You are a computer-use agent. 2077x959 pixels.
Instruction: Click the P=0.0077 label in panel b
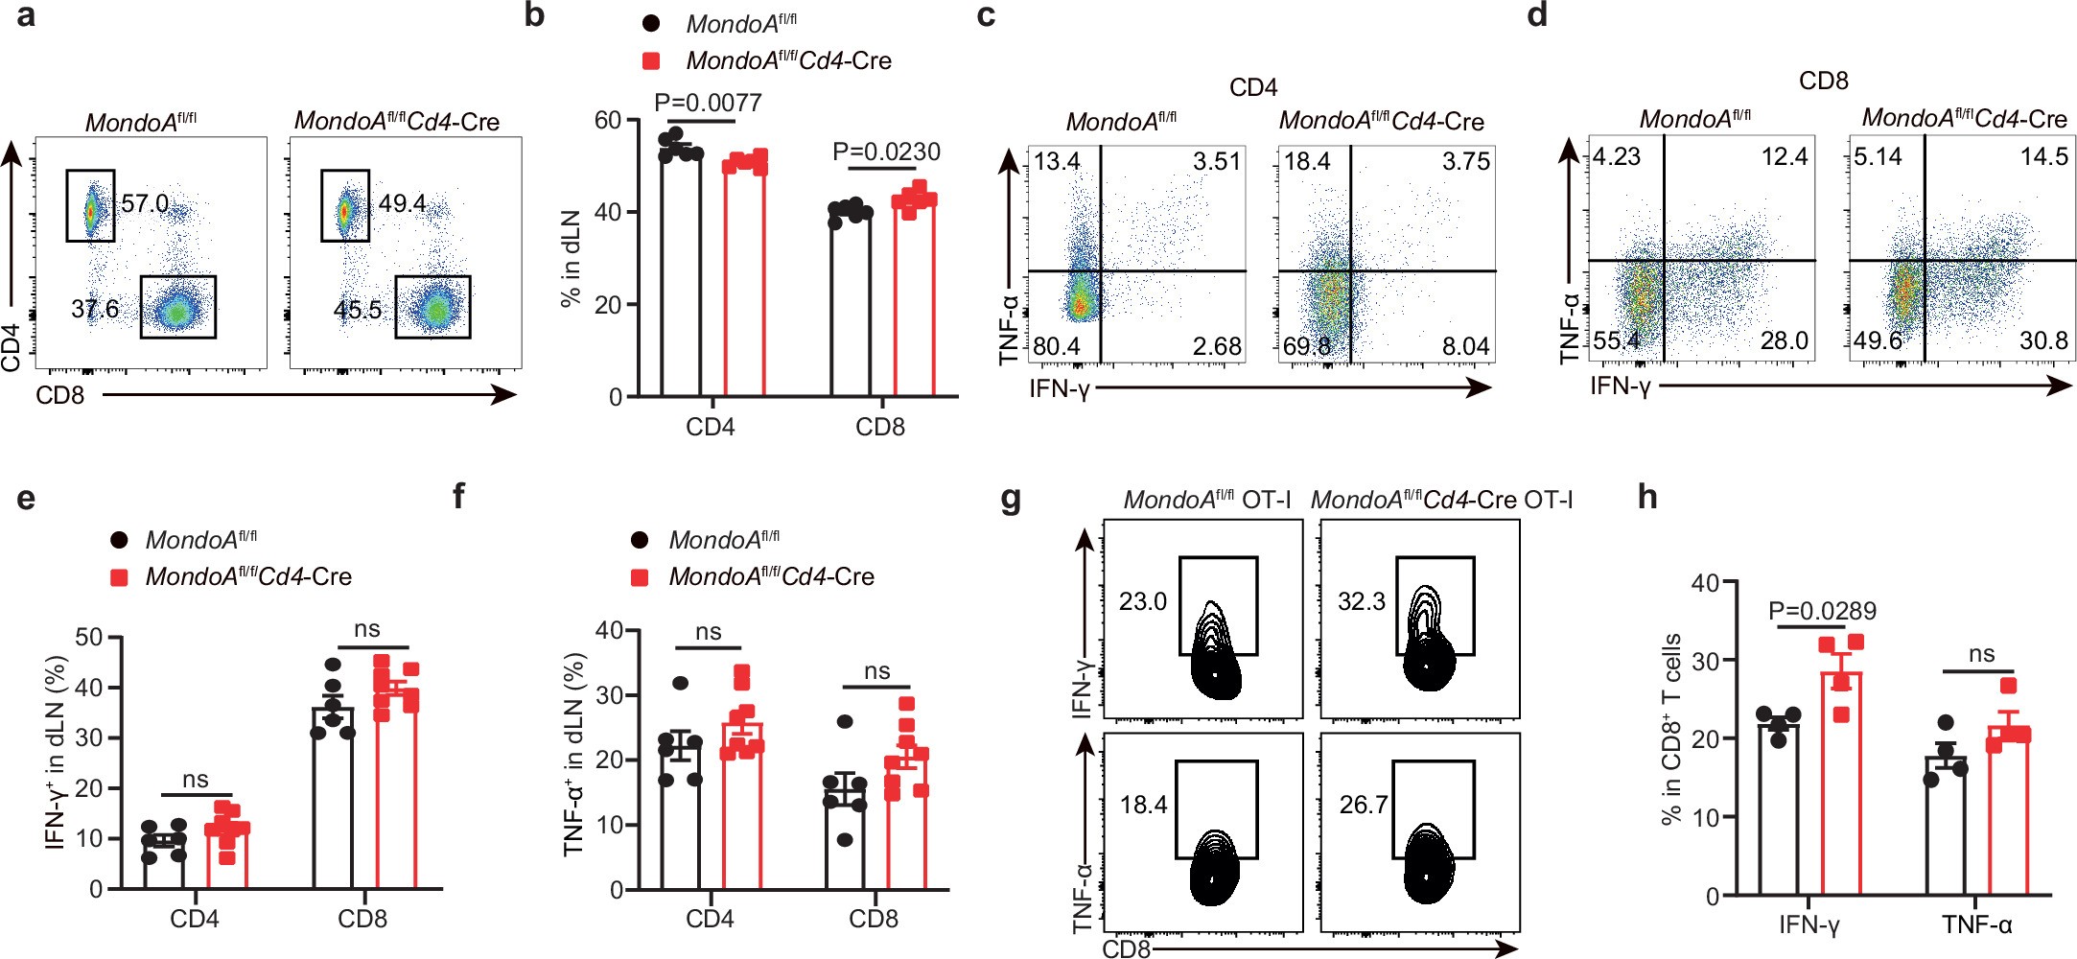tap(708, 102)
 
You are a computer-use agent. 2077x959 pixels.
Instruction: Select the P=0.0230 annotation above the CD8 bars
tap(885, 152)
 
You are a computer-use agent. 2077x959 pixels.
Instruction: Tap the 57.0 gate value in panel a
tap(145, 203)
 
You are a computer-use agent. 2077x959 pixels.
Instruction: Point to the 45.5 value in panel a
tap(357, 310)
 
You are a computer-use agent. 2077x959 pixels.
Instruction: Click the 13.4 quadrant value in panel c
tap(1057, 161)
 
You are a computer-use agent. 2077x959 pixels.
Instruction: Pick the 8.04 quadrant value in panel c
tap(1465, 346)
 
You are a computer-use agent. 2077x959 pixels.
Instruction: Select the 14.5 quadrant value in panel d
tap(2043, 156)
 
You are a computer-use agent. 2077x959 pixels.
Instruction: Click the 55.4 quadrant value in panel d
tap(1617, 340)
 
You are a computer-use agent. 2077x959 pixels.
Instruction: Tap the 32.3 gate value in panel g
tap(1361, 601)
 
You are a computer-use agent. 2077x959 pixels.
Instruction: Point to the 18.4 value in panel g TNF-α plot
tap(1143, 804)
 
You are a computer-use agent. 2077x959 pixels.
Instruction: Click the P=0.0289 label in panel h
tap(1822, 611)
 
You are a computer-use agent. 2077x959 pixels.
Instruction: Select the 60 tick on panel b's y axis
tap(608, 120)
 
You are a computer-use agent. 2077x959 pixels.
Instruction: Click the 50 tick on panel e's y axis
tap(88, 638)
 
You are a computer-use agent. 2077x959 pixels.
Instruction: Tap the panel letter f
tap(458, 497)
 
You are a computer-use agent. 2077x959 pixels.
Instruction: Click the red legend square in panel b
tap(651, 60)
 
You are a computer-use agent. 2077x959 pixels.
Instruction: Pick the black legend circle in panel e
tap(119, 540)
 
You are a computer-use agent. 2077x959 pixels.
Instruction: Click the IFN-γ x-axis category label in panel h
tap(1809, 924)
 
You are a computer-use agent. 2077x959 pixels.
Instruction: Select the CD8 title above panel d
tap(1823, 81)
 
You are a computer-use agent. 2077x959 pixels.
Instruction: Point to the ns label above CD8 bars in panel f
tap(876, 671)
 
